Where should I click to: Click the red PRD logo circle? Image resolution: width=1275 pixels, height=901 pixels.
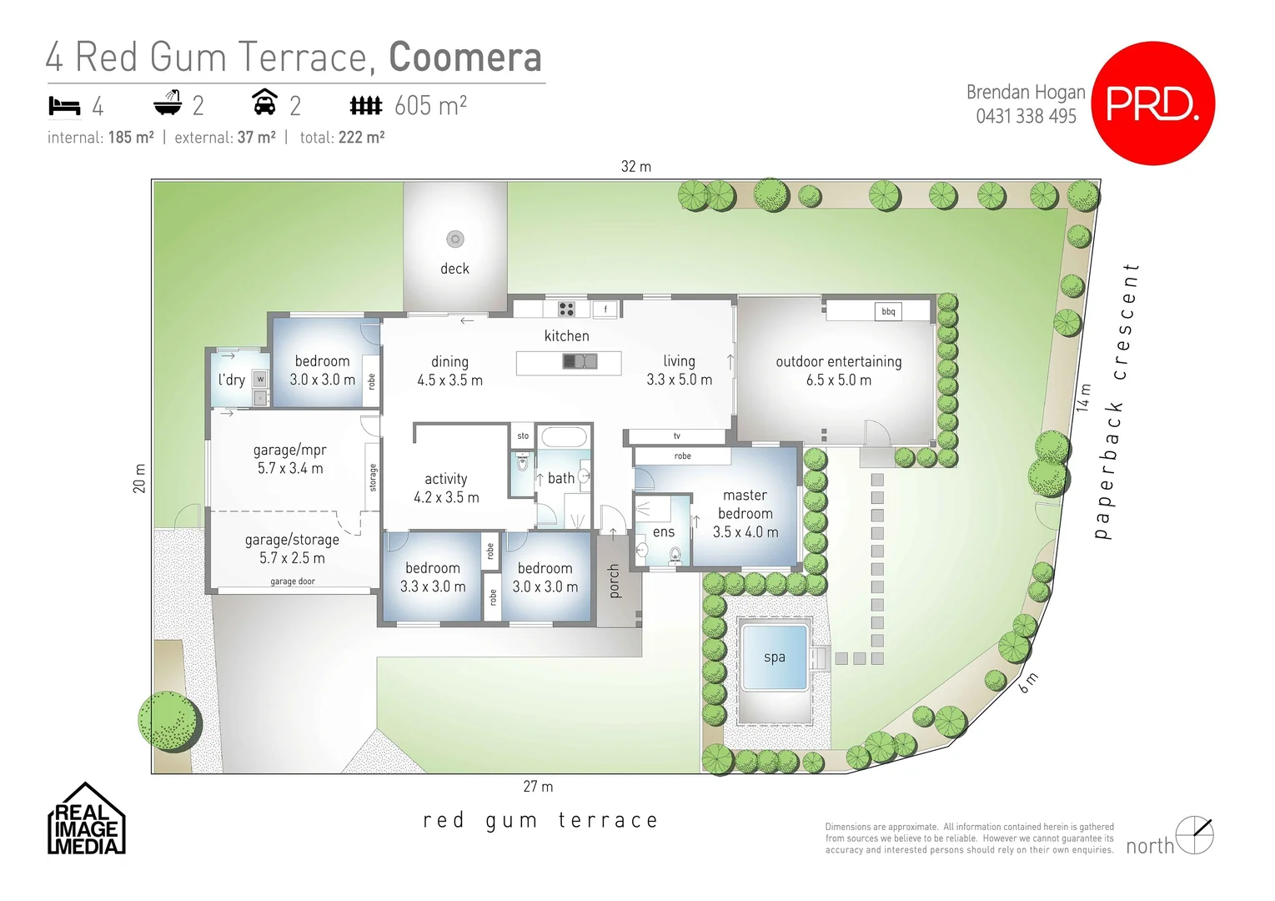pos(1152,103)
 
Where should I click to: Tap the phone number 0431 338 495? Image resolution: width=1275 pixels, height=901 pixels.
pos(1026,117)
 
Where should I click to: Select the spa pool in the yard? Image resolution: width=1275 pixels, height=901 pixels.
pos(775,657)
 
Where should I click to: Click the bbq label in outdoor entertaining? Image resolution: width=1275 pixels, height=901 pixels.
pos(888,311)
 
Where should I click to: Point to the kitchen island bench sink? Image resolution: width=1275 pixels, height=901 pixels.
pos(580,361)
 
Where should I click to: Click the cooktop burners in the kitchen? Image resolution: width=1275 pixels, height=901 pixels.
pos(566,309)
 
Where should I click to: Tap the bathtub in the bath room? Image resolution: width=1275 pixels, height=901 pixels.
pos(563,437)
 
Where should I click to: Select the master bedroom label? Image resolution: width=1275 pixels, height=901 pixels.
pos(745,504)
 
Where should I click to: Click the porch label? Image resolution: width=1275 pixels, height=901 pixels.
pos(615,581)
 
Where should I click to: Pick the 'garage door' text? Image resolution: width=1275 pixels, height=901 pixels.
pos(293,581)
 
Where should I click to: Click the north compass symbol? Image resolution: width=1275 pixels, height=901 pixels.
pos(1194,834)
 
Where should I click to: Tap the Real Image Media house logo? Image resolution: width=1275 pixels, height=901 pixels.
pos(86,819)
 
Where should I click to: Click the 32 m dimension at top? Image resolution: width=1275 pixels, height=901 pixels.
pos(635,167)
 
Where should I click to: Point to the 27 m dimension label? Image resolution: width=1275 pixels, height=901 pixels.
pos(538,787)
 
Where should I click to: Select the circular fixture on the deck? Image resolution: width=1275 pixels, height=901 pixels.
pos(454,239)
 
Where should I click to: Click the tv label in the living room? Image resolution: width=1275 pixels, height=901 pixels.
pos(676,435)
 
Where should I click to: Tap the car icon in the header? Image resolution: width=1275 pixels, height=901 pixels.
pos(264,103)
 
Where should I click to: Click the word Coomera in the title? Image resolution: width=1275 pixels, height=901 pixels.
pos(465,58)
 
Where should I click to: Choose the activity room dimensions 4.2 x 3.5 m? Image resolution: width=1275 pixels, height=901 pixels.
pos(446,498)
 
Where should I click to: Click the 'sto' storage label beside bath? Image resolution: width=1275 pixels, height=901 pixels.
pos(523,435)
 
